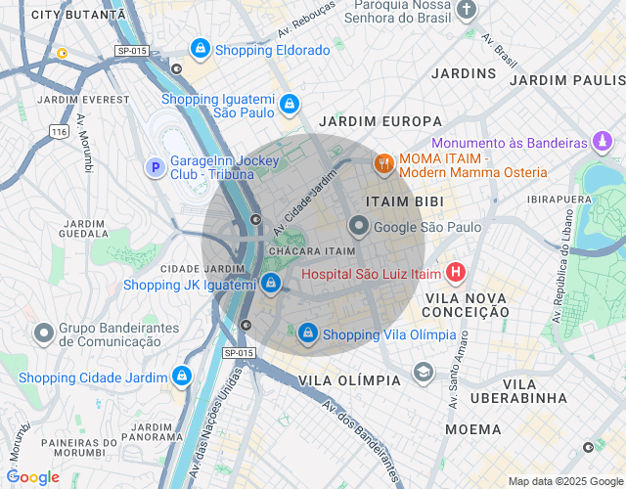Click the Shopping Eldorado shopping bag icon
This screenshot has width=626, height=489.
click(201, 48)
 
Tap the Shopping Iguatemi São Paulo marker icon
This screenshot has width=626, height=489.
click(289, 104)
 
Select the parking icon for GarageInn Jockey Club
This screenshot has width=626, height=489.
click(154, 167)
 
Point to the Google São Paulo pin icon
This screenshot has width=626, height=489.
click(359, 227)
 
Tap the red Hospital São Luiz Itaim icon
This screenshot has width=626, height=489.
click(455, 273)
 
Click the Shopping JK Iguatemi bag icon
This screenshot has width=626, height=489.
click(272, 285)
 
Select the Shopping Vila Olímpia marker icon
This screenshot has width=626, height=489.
click(308, 333)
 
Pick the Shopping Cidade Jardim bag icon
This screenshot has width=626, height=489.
click(181, 376)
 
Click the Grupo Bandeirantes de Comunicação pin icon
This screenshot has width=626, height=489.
click(43, 333)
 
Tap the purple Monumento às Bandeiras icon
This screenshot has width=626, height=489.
click(604, 143)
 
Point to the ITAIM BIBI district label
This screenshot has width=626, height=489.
click(404, 200)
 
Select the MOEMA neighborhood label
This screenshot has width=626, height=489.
click(473, 428)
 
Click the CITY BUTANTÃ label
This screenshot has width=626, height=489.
click(78, 15)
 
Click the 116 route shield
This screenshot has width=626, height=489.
click(60, 130)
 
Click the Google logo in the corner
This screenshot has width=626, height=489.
click(33, 476)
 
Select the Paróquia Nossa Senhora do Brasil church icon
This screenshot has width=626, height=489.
click(468, 10)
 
